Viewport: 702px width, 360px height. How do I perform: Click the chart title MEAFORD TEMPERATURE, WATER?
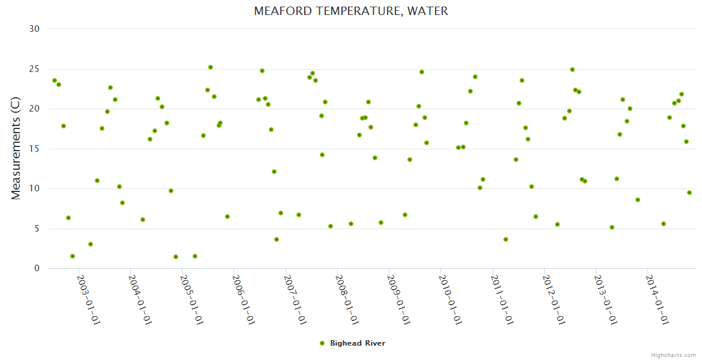351,11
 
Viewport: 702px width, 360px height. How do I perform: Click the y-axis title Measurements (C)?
16,149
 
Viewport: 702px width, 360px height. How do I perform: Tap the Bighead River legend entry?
353,343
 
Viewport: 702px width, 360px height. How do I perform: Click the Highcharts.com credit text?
673,355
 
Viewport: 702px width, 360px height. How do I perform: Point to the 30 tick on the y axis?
34,29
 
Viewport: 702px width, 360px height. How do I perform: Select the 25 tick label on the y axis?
34,69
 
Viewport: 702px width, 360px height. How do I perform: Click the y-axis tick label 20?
34,109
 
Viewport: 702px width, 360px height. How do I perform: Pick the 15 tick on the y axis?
34,149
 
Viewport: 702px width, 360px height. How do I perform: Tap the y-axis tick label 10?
34,188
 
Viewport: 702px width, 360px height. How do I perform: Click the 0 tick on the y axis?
37,268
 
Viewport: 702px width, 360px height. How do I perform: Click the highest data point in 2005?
211,67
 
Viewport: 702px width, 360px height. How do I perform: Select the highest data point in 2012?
572,70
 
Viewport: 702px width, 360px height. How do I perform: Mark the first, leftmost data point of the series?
55,80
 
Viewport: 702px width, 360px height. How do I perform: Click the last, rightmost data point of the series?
689,193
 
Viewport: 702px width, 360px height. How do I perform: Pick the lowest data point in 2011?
506,239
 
